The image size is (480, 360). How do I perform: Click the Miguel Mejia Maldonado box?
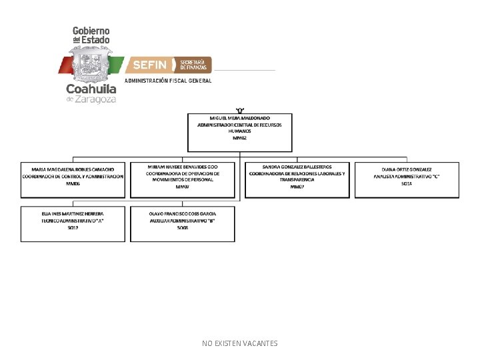240,131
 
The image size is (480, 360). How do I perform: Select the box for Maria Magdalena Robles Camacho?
73,179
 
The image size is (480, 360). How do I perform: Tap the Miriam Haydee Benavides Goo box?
183,179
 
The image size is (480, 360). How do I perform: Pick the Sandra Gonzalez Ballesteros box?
297,179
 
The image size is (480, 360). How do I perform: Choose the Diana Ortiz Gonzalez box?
407,179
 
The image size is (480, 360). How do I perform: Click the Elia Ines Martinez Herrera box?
73,224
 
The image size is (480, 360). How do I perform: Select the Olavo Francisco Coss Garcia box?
183,224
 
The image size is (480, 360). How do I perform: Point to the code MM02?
240,138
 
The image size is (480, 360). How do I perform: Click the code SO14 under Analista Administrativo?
407,183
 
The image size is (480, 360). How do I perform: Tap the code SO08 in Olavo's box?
183,228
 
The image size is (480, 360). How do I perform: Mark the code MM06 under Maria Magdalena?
73,183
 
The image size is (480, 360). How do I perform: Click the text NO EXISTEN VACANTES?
240,343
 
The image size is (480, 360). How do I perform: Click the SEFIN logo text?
150,65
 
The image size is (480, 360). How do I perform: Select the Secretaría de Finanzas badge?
193,65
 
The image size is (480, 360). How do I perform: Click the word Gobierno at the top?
91,31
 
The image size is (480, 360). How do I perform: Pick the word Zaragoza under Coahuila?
96,99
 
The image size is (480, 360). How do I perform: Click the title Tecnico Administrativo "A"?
73,220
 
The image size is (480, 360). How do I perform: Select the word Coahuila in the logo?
91,89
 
